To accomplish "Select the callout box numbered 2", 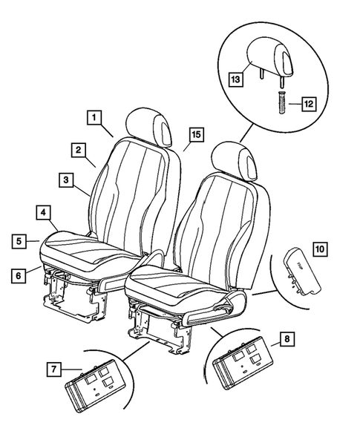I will pyautogui.click(x=77, y=149).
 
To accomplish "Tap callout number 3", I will pyautogui.click(x=66, y=180).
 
